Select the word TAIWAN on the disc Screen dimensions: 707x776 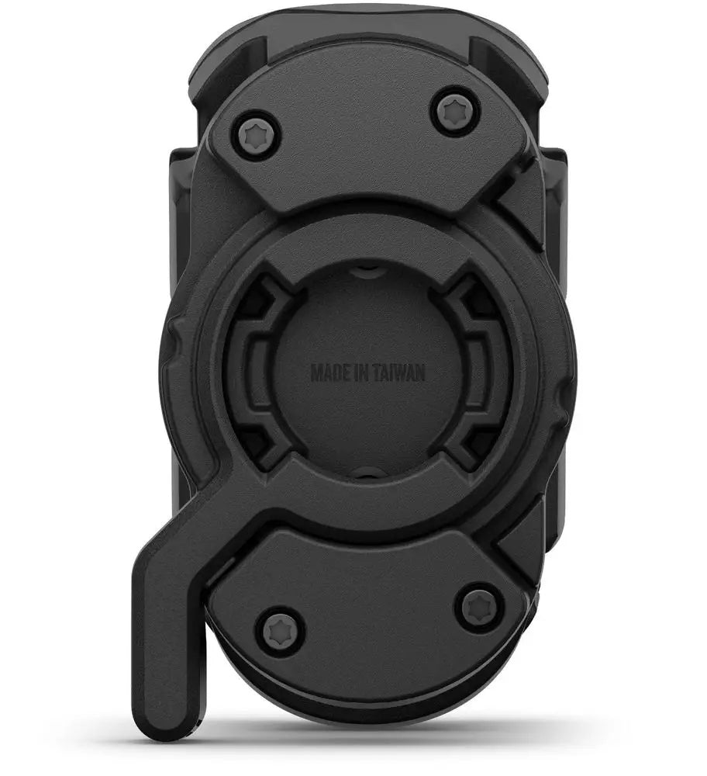click(x=402, y=372)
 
